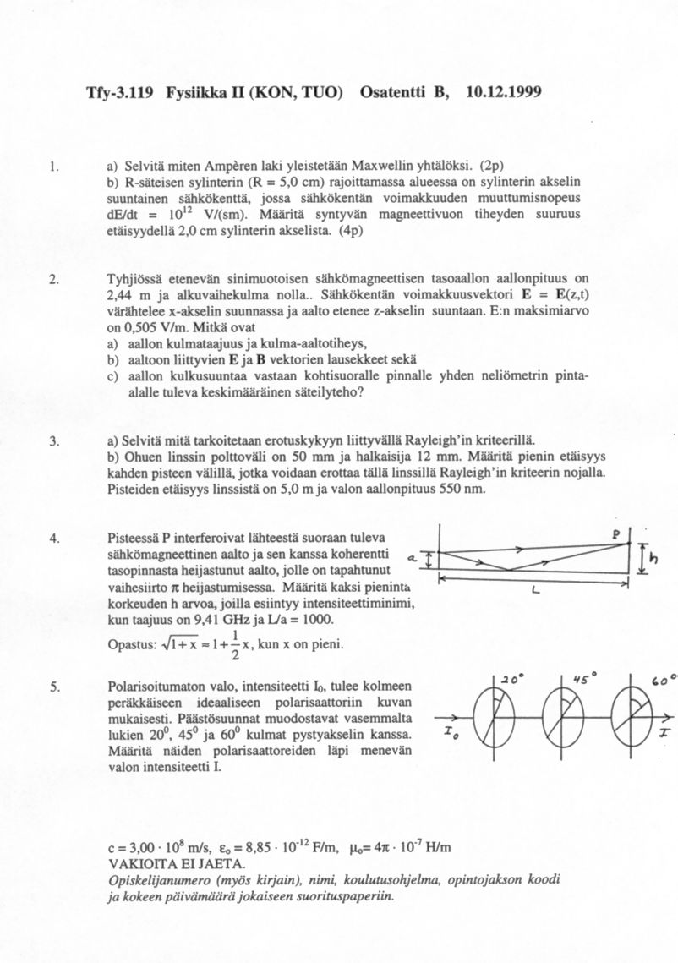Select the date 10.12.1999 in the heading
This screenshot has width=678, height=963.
[x=503, y=90]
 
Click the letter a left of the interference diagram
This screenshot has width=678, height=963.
[x=412, y=559]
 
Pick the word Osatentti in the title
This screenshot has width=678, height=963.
[x=396, y=90]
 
